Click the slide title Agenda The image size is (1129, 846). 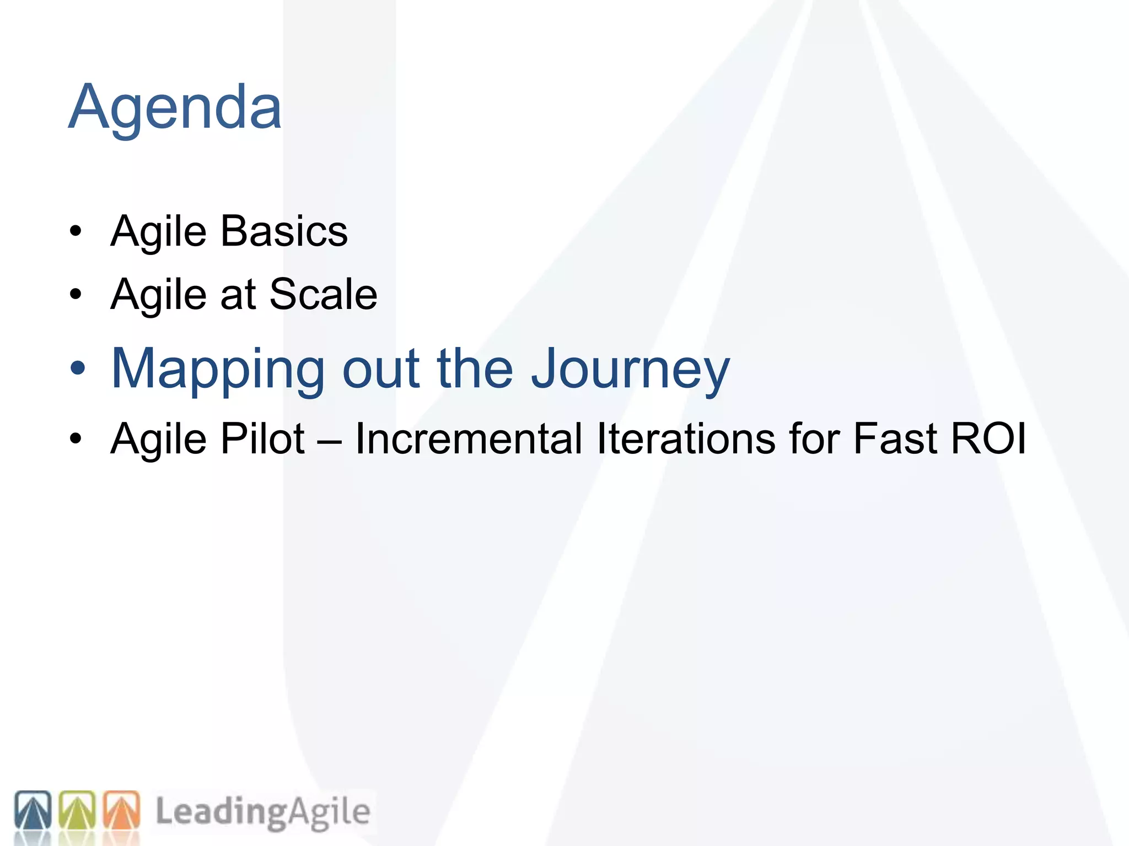(175, 107)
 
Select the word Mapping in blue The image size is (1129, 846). (218, 369)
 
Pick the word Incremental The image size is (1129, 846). (469, 439)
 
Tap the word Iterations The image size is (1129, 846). (686, 439)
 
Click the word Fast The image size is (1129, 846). (895, 439)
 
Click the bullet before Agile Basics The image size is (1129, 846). (76, 231)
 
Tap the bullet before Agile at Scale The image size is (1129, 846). (76, 295)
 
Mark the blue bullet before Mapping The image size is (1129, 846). (78, 368)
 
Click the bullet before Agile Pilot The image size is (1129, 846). (76, 439)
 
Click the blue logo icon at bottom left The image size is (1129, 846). (33, 810)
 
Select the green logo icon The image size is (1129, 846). (77, 810)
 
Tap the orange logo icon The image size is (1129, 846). (121, 810)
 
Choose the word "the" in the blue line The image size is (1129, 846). (475, 369)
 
